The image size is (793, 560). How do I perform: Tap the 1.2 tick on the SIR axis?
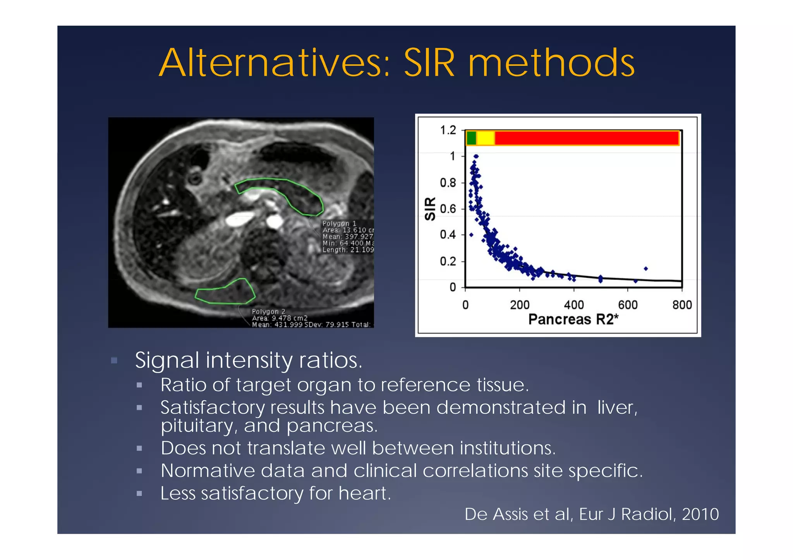tap(448, 130)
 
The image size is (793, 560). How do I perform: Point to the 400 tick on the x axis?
tap(573, 305)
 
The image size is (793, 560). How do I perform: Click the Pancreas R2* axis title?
tap(573, 319)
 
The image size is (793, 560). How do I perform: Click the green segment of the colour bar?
tap(471, 138)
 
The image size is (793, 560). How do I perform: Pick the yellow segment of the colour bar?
tap(486, 138)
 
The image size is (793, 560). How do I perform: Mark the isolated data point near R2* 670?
tap(645, 268)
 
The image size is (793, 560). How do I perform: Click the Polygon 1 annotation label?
tap(339, 224)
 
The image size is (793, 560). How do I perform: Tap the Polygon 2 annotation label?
tap(268, 311)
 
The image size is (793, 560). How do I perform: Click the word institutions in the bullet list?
tap(507, 448)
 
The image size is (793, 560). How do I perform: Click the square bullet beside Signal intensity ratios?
tap(114, 360)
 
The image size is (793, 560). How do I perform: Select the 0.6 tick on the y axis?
tap(448, 209)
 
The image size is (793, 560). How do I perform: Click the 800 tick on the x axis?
tap(681, 305)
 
